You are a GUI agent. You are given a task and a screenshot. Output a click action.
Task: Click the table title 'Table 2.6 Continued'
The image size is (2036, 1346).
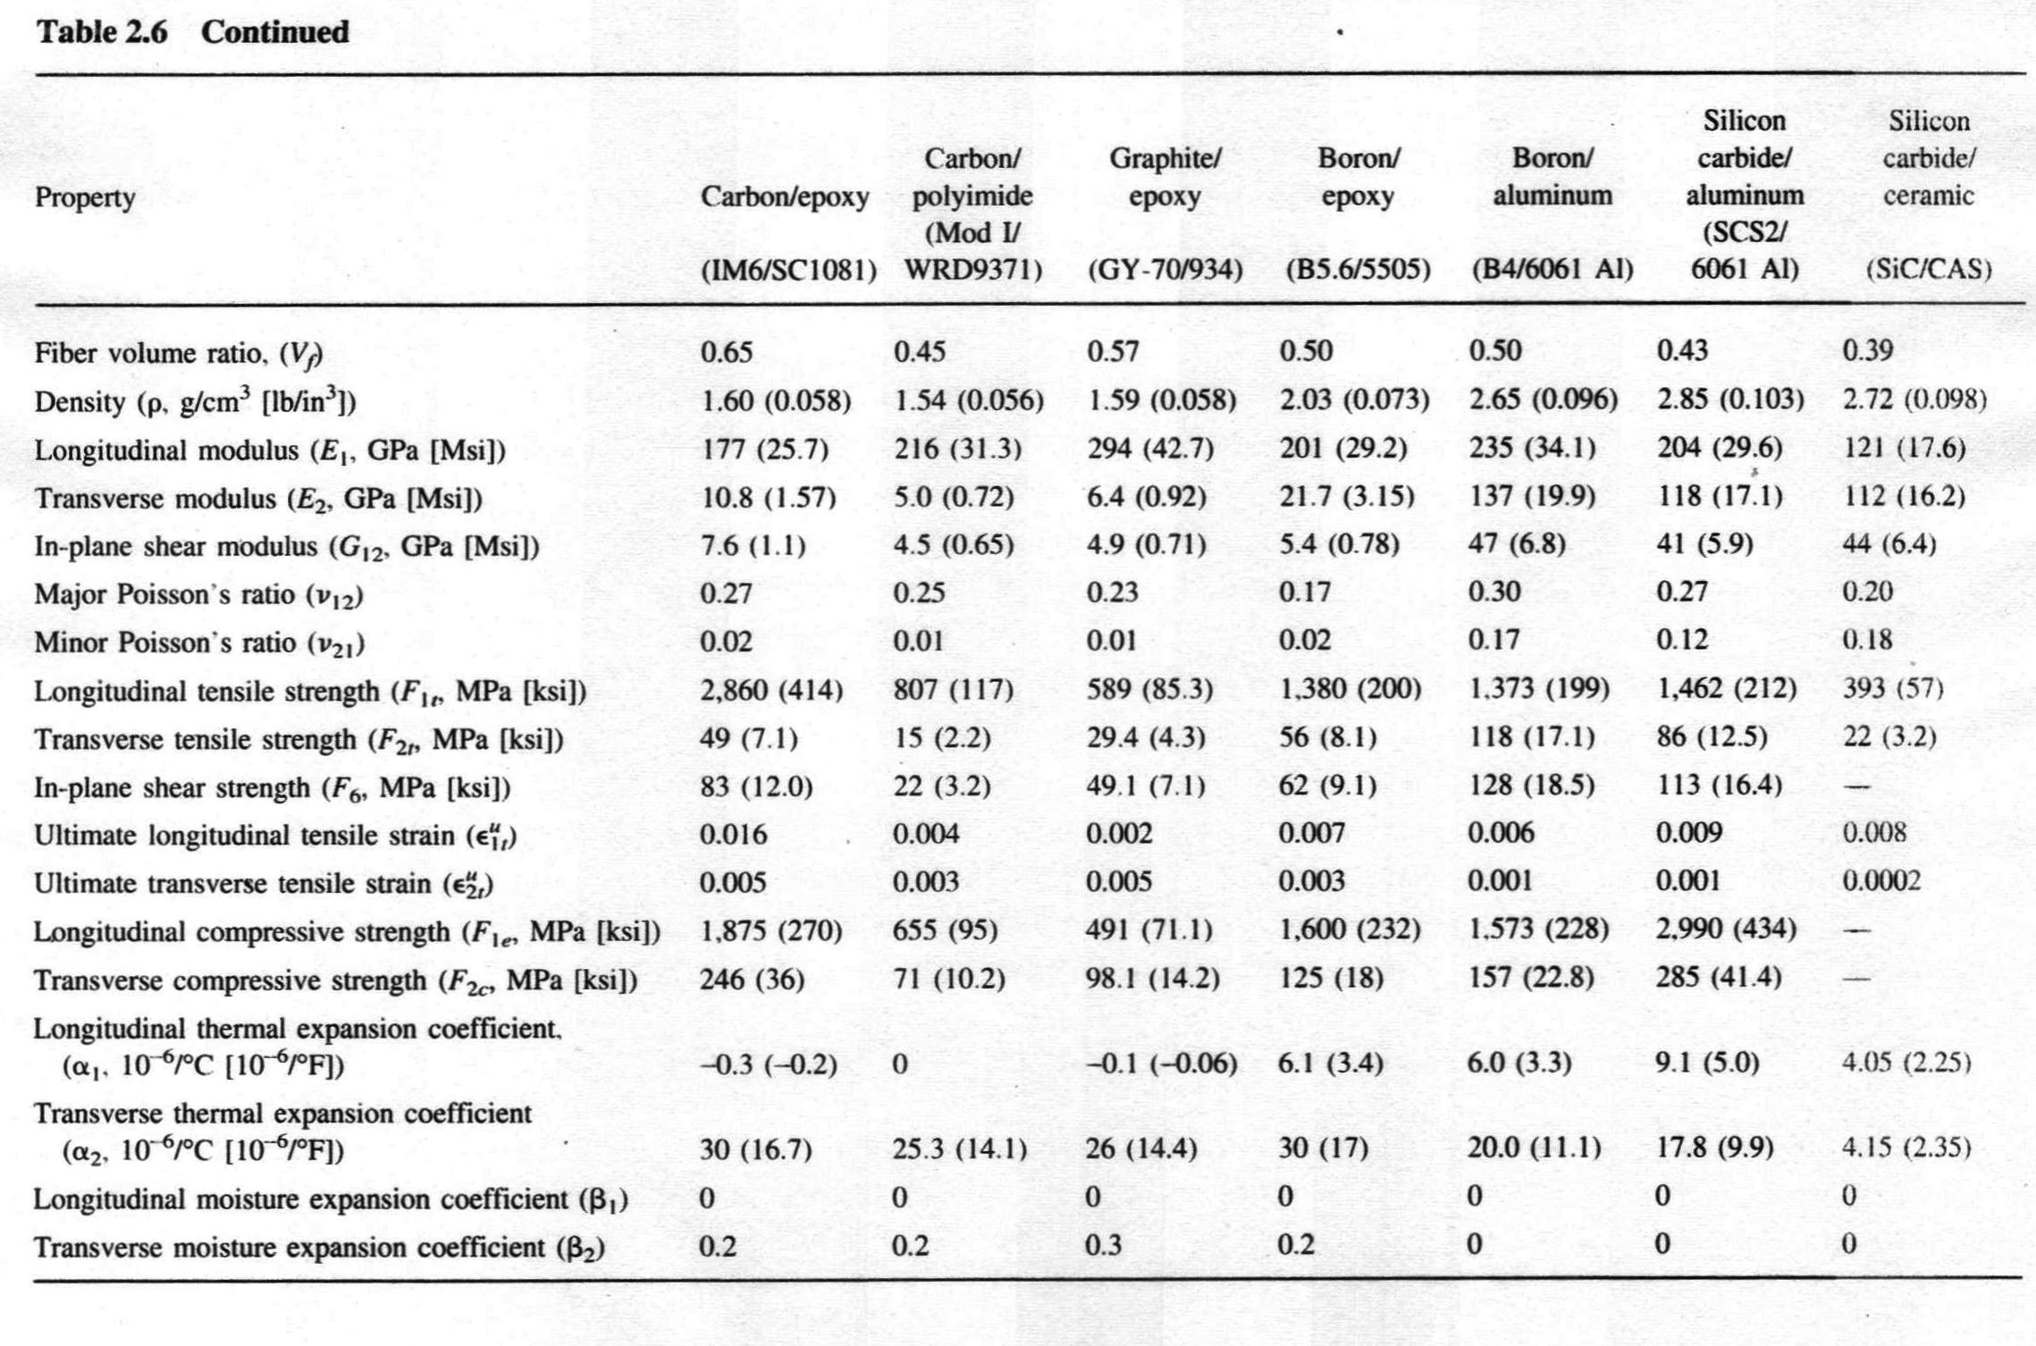[x=191, y=32]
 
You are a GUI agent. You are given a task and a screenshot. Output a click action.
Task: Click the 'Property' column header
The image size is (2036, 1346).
[x=85, y=198]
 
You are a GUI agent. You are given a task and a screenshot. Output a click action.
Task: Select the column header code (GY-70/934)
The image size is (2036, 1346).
[x=1165, y=269]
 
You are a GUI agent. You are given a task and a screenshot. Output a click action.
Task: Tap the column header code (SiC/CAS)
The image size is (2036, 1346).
[x=1928, y=269]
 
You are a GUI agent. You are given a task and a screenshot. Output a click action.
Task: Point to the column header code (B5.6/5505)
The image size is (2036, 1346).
[x=1358, y=269]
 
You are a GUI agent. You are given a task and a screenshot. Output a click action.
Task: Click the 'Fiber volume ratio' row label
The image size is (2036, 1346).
[x=178, y=354]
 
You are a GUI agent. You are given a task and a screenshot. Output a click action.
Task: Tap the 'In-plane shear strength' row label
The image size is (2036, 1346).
[x=272, y=788]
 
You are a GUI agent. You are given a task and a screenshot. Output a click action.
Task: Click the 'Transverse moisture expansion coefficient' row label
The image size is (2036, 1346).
[x=319, y=1248]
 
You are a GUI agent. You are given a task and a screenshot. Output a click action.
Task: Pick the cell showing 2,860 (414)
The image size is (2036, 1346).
[x=771, y=690]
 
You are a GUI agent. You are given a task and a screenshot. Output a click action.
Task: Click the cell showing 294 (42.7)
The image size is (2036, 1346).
[x=1150, y=449]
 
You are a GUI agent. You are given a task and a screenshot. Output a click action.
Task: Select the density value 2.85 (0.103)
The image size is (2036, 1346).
[x=1730, y=400]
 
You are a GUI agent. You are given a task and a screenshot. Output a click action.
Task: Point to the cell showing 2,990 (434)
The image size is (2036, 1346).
[x=1725, y=930]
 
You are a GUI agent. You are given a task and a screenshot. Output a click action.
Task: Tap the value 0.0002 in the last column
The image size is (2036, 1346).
[x=1880, y=882]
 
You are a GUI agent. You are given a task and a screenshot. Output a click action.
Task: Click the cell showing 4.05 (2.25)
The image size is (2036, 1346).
[x=1906, y=1063]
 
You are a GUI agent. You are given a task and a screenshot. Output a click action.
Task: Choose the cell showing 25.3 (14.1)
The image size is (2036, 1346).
[x=959, y=1148]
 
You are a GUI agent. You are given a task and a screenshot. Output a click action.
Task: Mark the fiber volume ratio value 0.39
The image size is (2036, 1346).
[x=1868, y=351]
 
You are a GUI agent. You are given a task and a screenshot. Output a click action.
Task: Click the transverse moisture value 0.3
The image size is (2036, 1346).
[x=1103, y=1245]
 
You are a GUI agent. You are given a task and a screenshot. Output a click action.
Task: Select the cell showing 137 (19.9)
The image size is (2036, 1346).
[x=1532, y=496]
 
